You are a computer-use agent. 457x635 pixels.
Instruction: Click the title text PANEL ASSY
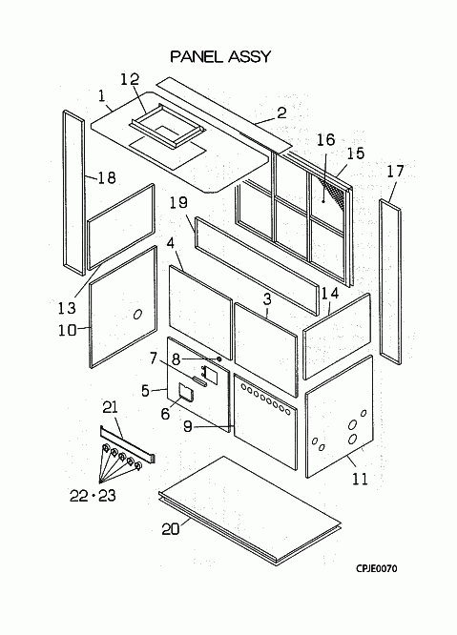click(x=220, y=56)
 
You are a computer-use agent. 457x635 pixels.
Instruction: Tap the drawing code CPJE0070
click(x=377, y=568)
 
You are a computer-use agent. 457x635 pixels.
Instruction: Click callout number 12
click(x=130, y=79)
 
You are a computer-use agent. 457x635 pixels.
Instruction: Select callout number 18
click(x=107, y=177)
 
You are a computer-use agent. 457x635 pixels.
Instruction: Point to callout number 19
click(x=179, y=202)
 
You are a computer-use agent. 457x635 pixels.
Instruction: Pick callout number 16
click(x=325, y=140)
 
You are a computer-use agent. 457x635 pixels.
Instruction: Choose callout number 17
click(x=395, y=172)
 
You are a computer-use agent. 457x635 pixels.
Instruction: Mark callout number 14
click(x=330, y=294)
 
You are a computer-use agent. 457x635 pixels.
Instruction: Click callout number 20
click(x=171, y=529)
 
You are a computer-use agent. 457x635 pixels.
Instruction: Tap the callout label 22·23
click(x=93, y=495)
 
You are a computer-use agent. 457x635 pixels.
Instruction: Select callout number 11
click(x=360, y=479)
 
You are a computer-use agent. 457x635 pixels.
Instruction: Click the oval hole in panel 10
click(x=137, y=315)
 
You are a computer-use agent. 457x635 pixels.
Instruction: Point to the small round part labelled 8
click(x=219, y=358)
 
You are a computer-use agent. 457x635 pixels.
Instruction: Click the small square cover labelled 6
click(x=186, y=393)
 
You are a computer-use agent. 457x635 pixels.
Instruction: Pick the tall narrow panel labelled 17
click(x=390, y=282)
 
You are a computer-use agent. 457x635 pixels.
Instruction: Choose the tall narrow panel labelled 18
click(x=73, y=193)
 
